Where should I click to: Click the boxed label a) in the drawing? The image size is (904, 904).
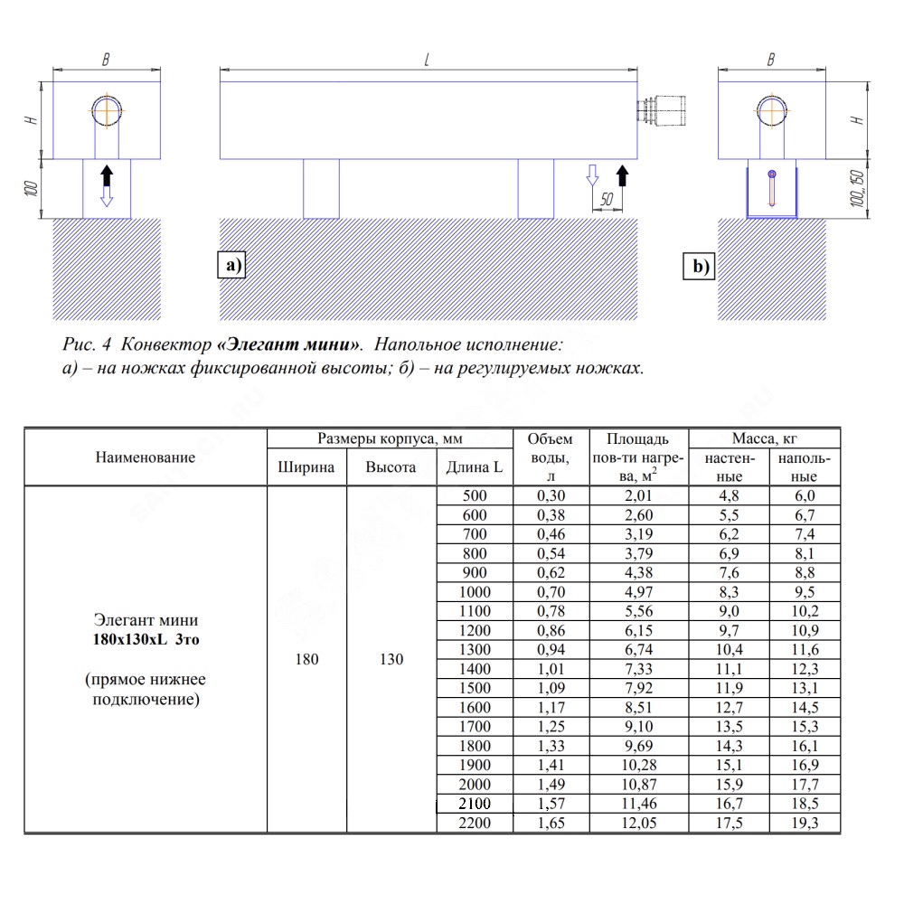pos(231,265)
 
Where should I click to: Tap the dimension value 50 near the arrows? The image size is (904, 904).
pos(606,200)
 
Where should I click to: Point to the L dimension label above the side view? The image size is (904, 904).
pos(428,60)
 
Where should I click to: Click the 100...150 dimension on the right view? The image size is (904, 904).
pos(857,189)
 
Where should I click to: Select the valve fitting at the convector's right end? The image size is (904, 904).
pos(662,110)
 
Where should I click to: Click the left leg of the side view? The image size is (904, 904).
pos(321,189)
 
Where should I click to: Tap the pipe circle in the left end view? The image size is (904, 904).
pos(107,110)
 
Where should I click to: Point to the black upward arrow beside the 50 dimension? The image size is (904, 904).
pos(622,175)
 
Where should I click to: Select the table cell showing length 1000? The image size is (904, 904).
pos(475,592)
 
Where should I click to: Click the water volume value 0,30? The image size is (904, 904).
pos(551,495)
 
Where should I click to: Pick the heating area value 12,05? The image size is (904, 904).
pos(639,823)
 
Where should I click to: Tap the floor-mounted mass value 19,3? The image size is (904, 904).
pos(805,823)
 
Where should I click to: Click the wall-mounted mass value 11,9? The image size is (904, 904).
pos(729,688)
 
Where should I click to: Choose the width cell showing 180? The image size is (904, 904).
pos(306,659)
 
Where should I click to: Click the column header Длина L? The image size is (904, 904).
pos(474,467)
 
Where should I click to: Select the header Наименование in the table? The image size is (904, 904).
pos(146,457)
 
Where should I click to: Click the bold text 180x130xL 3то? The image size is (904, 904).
pos(146,639)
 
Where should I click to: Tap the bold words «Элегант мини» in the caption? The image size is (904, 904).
pos(289,344)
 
